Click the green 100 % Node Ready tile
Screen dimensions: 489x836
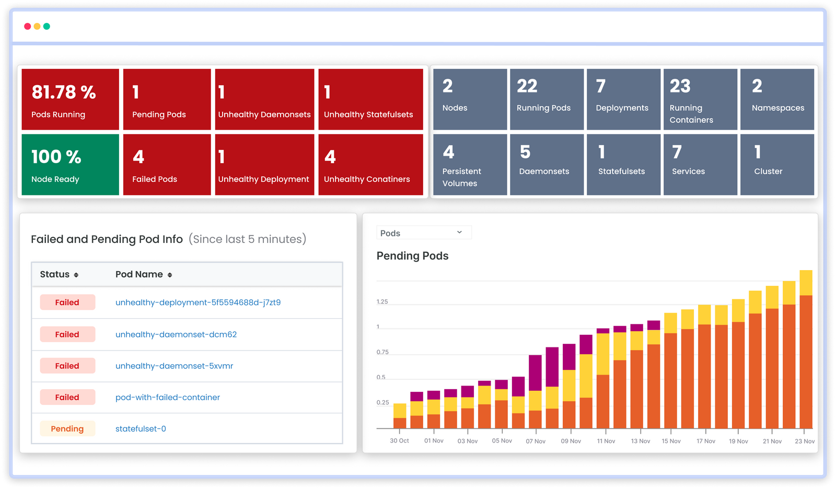coord(70,165)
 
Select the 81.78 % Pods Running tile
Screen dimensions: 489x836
coord(70,99)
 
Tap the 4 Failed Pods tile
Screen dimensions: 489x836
coord(167,165)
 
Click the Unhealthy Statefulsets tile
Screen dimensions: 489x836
coord(370,99)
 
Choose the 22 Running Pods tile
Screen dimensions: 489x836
coord(547,99)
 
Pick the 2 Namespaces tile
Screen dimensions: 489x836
coord(777,99)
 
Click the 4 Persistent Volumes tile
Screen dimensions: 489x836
coord(470,165)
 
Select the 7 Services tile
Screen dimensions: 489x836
coord(700,165)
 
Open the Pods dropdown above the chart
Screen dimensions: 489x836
coord(423,233)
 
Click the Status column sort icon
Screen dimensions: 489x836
coord(76,275)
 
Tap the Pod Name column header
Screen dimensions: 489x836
coord(139,274)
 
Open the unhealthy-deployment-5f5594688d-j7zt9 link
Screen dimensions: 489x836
coord(198,302)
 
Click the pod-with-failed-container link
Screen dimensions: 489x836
coord(168,398)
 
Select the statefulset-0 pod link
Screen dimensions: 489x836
coord(141,429)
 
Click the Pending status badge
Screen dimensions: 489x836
coord(67,429)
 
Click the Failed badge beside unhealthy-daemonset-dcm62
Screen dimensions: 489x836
coord(67,334)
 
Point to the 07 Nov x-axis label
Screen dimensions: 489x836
coord(536,441)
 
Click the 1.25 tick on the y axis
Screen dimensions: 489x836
coord(382,302)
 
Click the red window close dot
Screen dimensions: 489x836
coord(28,26)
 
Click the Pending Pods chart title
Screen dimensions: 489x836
coord(412,256)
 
